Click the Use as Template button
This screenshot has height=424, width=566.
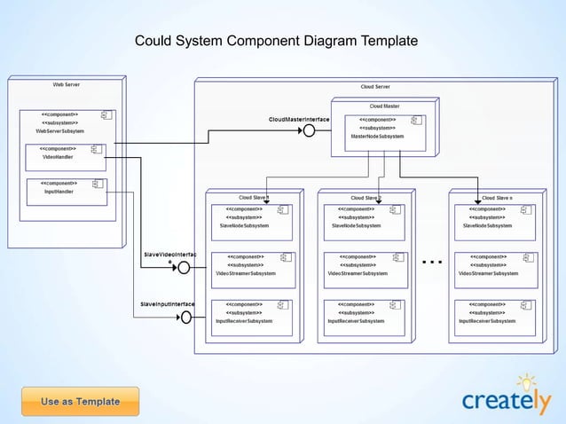pyautogui.click(x=80, y=402)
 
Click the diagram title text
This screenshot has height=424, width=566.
pyautogui.click(x=275, y=42)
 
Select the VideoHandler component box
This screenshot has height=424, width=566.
pyautogui.click(x=67, y=156)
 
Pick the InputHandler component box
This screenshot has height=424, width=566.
pyautogui.click(x=67, y=192)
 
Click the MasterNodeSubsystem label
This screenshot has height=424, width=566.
pyautogui.click(x=377, y=137)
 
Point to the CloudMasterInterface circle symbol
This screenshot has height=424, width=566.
pyautogui.click(x=309, y=130)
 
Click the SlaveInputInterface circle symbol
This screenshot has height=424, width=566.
pyautogui.click(x=186, y=317)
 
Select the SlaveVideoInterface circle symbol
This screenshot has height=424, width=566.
pyautogui.click(x=184, y=267)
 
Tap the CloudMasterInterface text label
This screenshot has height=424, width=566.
pyautogui.click(x=299, y=119)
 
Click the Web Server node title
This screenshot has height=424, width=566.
pyautogui.click(x=66, y=84)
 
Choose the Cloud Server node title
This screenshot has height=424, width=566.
pyautogui.click(x=375, y=87)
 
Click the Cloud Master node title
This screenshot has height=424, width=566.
pyautogui.click(x=384, y=106)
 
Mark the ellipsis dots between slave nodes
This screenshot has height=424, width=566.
pyautogui.click(x=432, y=263)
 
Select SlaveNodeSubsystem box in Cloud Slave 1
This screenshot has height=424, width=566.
pyautogui.click(x=252, y=217)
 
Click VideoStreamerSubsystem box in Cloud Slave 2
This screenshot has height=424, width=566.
pyautogui.click(x=365, y=265)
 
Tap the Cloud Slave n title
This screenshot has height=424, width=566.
pyautogui.click(x=497, y=198)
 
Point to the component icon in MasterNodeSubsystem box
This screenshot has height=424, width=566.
pyautogui.click(x=415, y=120)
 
